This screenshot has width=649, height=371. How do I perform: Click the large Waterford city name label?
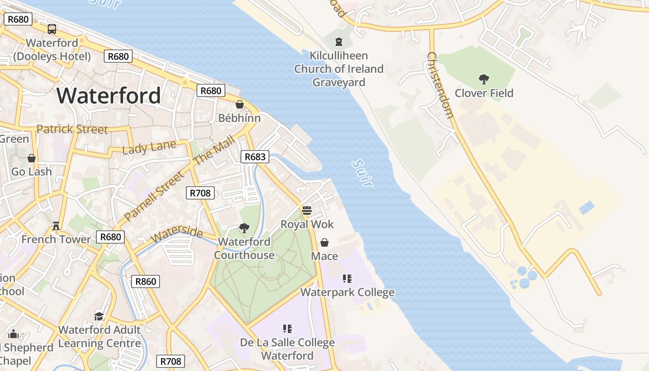point(109,96)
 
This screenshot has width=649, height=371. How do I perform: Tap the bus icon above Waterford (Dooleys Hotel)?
point(52,29)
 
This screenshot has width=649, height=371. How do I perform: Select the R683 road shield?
point(255,157)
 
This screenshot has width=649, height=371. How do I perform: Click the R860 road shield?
point(145,281)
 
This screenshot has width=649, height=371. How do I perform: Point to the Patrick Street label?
point(72,129)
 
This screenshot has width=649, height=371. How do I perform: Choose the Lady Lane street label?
point(149,147)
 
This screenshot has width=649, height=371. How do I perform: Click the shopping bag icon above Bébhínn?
point(240,104)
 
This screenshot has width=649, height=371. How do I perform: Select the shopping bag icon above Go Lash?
point(32,158)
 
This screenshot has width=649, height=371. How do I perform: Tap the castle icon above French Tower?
point(56,225)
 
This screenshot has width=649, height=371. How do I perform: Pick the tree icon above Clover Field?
point(484,79)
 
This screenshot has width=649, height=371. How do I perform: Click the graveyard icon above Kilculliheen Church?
point(339,42)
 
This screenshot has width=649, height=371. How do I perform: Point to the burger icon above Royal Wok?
point(306,211)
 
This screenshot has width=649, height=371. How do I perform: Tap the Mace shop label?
point(324,256)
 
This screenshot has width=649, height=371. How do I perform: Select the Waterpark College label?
point(347,292)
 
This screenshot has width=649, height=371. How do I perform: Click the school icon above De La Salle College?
point(287,329)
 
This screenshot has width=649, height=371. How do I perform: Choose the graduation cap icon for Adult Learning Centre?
point(99,316)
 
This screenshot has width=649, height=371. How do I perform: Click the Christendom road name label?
point(439,85)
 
